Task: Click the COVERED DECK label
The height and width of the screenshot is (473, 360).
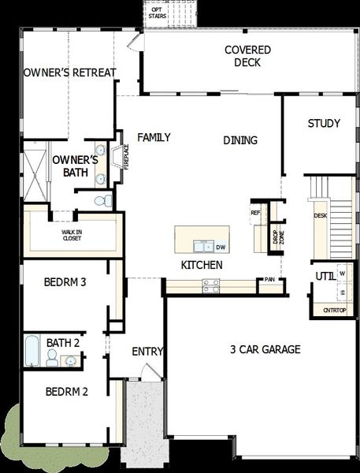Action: [247, 56]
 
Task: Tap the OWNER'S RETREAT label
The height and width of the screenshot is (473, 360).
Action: [70, 73]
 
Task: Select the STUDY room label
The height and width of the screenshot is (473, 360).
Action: [324, 123]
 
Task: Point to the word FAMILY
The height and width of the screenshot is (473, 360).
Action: [154, 137]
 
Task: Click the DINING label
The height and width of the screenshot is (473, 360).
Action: [239, 140]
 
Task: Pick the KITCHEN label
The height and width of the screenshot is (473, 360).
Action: [202, 265]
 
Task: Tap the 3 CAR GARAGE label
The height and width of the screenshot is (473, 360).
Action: [265, 349]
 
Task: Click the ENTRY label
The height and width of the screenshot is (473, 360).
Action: [147, 352]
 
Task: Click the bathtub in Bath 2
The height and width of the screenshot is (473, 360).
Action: [32, 352]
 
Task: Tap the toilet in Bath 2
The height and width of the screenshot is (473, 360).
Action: [52, 359]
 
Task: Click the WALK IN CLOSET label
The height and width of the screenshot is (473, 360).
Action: [72, 235]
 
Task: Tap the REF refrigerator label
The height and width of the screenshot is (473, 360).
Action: [255, 213]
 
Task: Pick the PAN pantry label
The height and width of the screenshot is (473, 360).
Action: [269, 279]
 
